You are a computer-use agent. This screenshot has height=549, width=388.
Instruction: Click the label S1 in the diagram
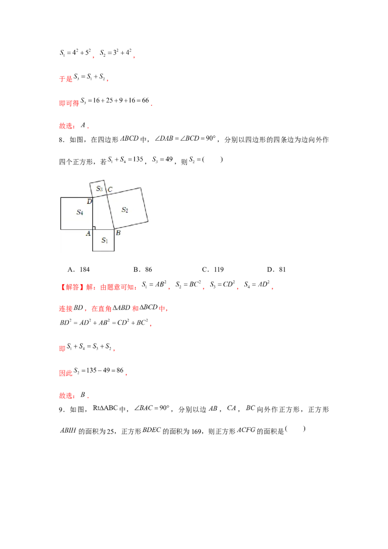pyautogui.click(x=104, y=240)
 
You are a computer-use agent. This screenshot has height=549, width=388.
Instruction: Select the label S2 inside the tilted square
pyautogui.click(x=125, y=210)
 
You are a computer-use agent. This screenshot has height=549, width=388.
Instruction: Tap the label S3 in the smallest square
pyautogui.click(x=99, y=188)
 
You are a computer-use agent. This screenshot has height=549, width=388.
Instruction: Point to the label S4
pyautogui.click(x=80, y=212)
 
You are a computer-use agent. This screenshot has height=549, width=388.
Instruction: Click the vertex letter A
pyautogui.click(x=88, y=234)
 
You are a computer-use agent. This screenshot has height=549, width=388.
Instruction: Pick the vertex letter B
pyautogui.click(x=118, y=233)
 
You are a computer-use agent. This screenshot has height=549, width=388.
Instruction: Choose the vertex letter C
pyautogui.click(x=110, y=190)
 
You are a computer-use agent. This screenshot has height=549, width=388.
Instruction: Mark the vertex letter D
pyautogui.click(x=89, y=201)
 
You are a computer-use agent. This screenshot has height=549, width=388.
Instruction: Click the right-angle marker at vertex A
pyautogui.click(x=94, y=227)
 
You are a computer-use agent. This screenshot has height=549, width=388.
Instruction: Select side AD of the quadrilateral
pyautogui.click(x=93, y=216)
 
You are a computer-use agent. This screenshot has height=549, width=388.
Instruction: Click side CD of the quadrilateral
pyautogui.click(x=99, y=195)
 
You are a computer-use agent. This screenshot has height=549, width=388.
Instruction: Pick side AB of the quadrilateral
pyautogui.click(x=103, y=229)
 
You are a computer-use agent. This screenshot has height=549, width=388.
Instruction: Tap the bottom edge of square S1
pyautogui.click(x=103, y=251)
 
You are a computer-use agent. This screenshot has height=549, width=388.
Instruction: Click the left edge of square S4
pyautogui.click(x=61, y=213)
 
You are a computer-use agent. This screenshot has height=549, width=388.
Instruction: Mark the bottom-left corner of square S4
pyautogui.click(x=61, y=229)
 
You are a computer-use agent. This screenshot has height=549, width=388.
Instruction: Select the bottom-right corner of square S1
pyautogui.click(x=114, y=251)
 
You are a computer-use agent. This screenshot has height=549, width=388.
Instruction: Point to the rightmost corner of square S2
pyautogui.click(x=148, y=221)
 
